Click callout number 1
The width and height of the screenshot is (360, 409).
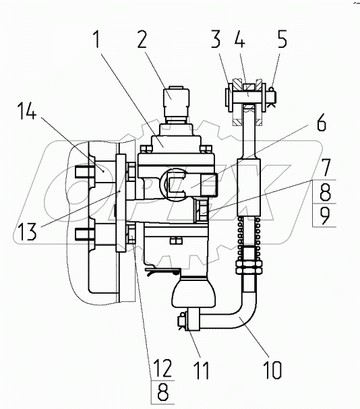(97, 39)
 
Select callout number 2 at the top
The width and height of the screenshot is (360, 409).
(142, 39)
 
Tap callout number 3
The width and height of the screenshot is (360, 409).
(216, 39)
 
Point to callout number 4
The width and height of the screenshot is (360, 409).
(239, 39)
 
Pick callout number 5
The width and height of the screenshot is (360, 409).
(282, 39)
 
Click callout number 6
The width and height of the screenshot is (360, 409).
(322, 122)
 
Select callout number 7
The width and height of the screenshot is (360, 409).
(326, 168)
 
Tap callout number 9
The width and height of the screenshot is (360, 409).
(326, 215)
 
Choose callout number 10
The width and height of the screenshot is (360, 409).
(273, 370)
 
